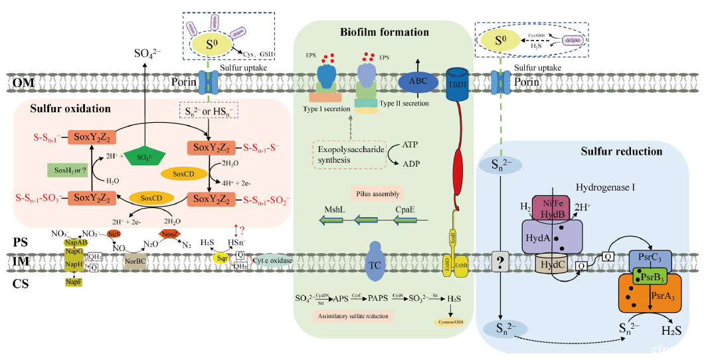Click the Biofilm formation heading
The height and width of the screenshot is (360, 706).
tap(385, 32)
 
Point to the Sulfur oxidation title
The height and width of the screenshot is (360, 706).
tap(70, 108)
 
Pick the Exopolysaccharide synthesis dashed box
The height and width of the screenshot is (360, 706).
tap(350, 157)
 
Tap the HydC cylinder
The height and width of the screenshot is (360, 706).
tap(553, 264)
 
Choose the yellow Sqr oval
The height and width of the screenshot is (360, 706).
tap(221, 258)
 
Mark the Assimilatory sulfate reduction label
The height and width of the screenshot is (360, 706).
tap(353, 315)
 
